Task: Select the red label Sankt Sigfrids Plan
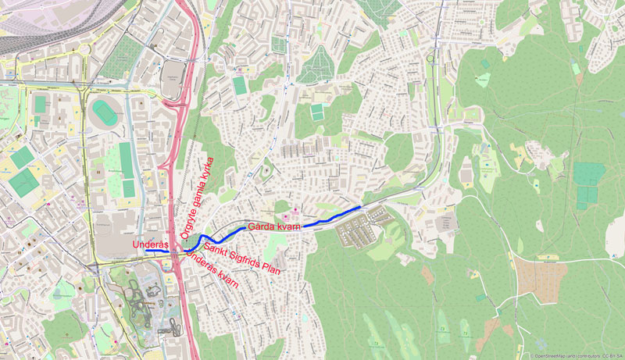pos(241,258)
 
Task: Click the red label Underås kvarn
pos(212,273)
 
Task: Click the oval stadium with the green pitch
pos(102,112)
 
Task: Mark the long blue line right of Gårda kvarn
pos(332,216)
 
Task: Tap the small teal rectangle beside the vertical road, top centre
pos(239,84)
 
